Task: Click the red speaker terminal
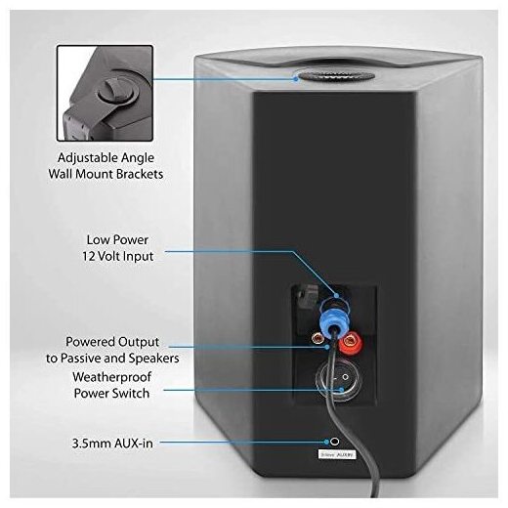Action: [351, 342]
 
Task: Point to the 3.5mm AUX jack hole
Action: [335, 442]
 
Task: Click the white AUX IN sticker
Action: [337, 454]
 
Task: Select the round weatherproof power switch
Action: [335, 380]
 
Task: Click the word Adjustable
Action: [88, 158]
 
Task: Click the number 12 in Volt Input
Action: [88, 256]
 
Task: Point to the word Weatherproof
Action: [112, 377]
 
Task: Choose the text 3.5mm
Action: [89, 444]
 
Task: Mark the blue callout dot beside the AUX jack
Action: [326, 442]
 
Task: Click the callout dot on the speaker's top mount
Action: [296, 78]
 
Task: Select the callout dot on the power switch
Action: [341, 389]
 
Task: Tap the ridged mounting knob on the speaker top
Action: [336, 77]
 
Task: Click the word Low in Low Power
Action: [97, 240]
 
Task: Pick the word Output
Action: [139, 342]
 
